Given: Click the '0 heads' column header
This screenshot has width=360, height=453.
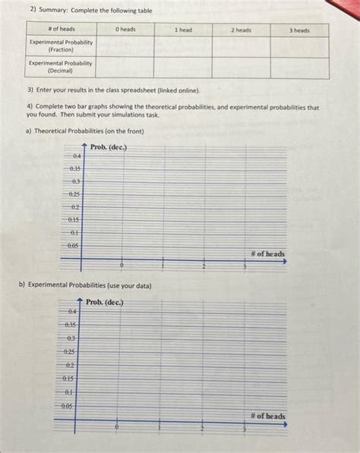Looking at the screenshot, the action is tap(125, 30).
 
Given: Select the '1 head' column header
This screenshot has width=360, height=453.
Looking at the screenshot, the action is tap(183, 30).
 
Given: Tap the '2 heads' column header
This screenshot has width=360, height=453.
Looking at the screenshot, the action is tap(241, 30).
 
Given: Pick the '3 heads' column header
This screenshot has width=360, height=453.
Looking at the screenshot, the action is tap(300, 30).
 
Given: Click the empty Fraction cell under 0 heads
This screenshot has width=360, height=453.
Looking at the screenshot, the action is tap(125, 46).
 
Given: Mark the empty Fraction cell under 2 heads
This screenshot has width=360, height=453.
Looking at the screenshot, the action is tap(241, 46).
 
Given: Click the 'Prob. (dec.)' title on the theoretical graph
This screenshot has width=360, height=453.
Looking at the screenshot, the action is tap(108, 146).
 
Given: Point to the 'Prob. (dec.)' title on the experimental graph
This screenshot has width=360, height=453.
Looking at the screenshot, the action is tap(104, 302).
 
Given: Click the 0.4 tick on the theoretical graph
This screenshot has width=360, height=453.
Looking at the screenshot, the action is tap(77, 156).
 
